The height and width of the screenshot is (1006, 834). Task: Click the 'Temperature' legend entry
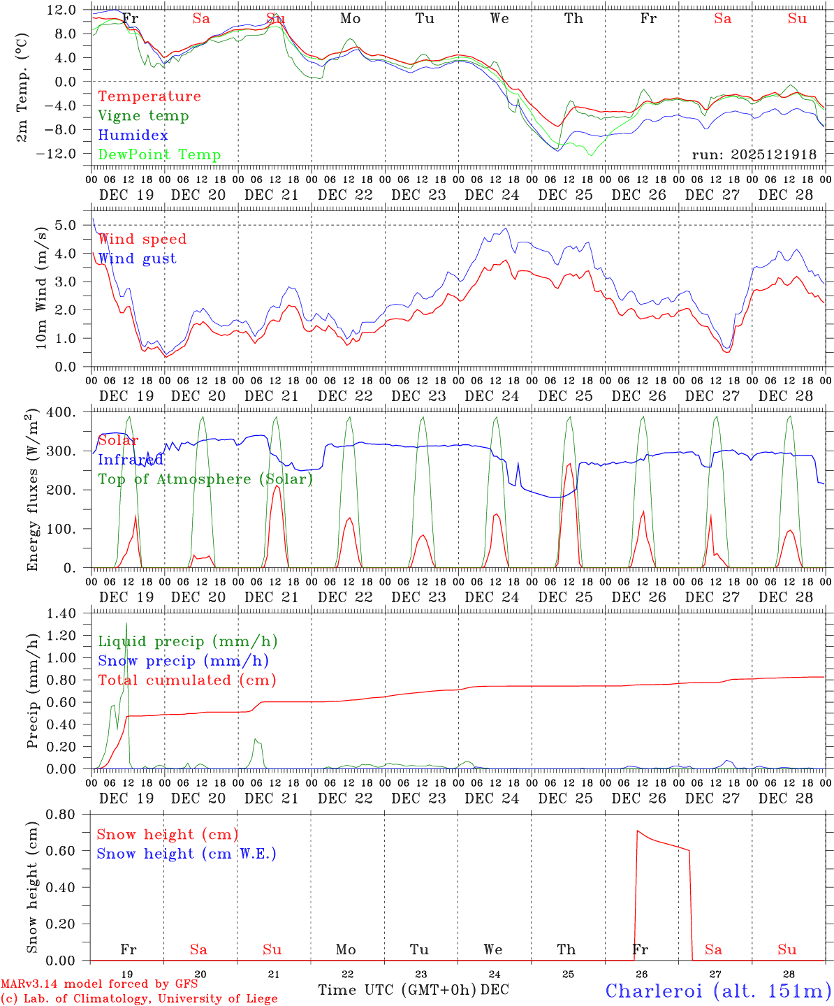click(149, 96)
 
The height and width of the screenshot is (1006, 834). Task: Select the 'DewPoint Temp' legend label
click(159, 155)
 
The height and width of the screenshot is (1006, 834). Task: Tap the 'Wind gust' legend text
click(137, 258)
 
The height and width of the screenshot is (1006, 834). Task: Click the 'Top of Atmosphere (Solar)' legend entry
click(205, 479)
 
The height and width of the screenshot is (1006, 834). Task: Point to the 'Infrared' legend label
click(131, 460)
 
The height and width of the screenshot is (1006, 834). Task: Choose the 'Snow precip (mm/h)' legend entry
click(183, 661)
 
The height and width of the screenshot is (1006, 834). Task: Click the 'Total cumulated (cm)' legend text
click(186, 680)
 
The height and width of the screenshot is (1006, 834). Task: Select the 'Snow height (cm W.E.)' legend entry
click(186, 854)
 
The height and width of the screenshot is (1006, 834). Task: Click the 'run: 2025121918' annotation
click(754, 155)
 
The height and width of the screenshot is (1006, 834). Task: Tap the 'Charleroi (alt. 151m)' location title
click(718, 991)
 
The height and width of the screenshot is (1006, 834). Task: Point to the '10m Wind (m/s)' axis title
click(41, 286)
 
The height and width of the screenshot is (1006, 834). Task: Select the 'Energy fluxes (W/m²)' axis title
click(31, 490)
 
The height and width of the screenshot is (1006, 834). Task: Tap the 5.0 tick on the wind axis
click(68, 225)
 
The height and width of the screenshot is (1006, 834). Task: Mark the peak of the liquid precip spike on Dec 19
click(126, 622)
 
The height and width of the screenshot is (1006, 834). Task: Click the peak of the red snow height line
click(637, 831)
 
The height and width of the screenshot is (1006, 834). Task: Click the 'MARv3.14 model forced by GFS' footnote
click(99, 984)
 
